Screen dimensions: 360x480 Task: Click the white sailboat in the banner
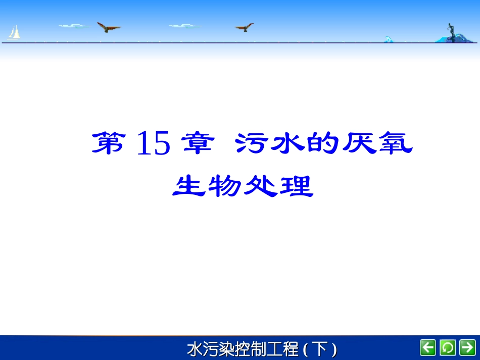click(15, 33)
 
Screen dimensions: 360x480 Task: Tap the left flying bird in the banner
click(108, 27)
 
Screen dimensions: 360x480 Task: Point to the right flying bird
click(245, 27)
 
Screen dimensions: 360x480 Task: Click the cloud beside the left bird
click(74, 25)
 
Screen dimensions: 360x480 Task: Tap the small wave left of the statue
click(389, 39)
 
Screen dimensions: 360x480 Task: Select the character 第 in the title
click(108, 143)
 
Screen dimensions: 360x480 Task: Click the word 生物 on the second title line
click(207, 187)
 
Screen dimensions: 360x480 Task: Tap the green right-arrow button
click(467, 347)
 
